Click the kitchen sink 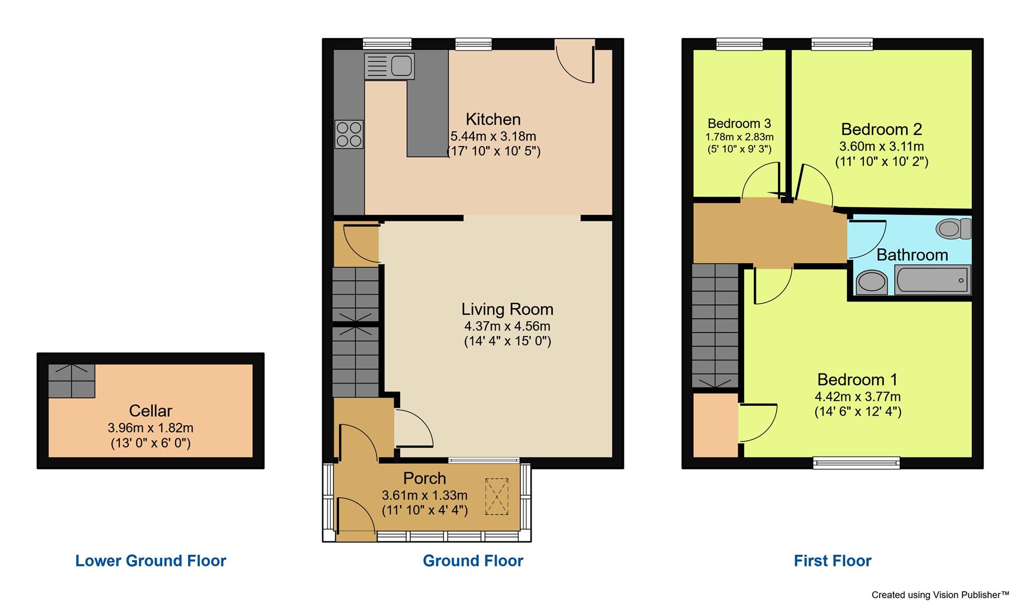click(389, 66)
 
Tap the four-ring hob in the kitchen click(349, 134)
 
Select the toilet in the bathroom click(953, 229)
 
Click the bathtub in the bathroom click(932, 280)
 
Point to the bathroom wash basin click(871, 281)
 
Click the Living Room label click(507, 309)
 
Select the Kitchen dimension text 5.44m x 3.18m click(493, 136)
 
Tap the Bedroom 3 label click(739, 124)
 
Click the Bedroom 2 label click(881, 129)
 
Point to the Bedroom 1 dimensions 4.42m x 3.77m click(857, 397)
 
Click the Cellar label click(151, 411)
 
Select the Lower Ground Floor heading click(151, 561)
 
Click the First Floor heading click(832, 561)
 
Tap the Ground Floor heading click(473, 561)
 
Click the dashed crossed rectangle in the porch click(496, 496)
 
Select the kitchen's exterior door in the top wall click(575, 62)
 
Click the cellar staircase click(71, 381)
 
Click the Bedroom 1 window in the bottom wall click(856, 463)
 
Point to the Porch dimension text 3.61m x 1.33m click(425, 495)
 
